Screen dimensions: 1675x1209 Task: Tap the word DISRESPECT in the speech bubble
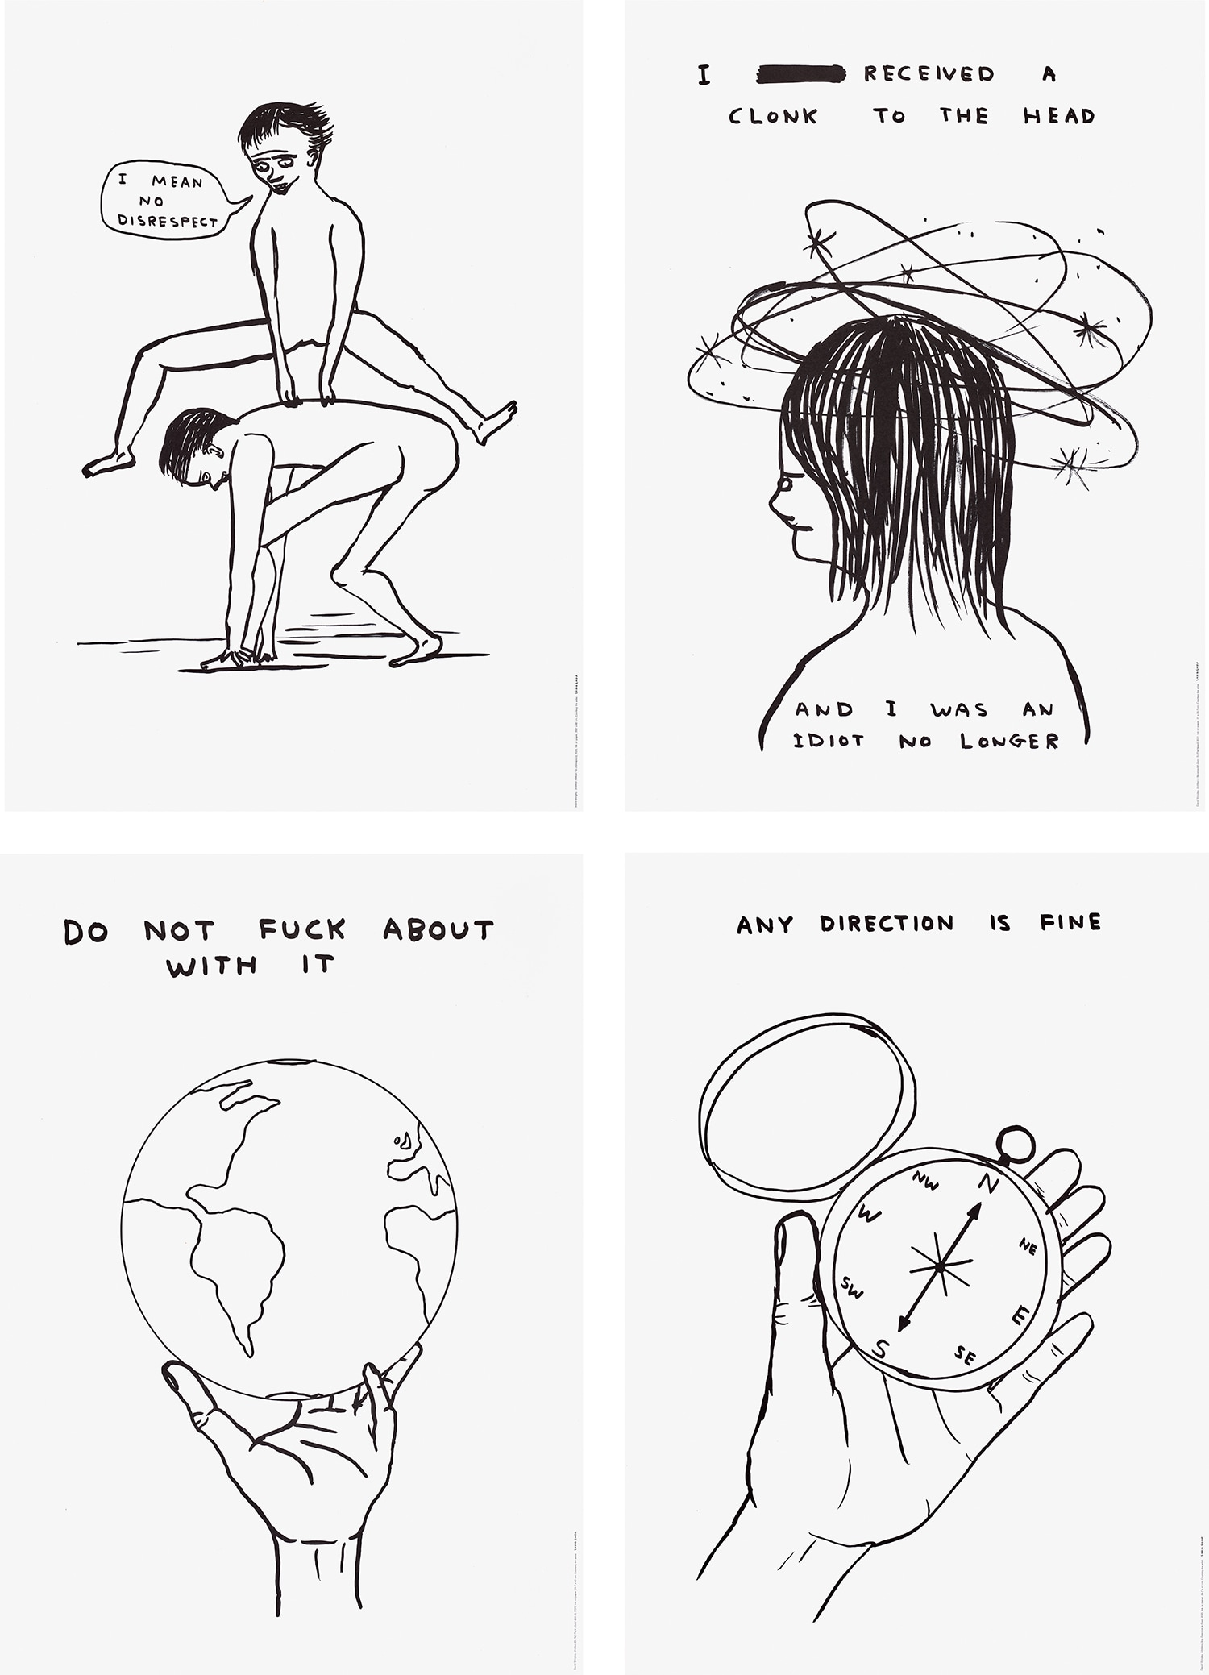168,220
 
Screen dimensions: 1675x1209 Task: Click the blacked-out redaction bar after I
801,75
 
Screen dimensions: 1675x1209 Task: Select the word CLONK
773,117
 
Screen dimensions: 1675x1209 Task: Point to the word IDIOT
829,740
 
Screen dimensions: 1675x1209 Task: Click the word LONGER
1009,741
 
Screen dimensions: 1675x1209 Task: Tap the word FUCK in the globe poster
302,929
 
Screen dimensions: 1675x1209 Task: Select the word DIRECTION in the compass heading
887,924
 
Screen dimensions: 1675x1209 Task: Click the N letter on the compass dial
989,1184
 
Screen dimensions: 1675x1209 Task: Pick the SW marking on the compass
851,1288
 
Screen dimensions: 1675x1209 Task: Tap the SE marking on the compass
965,1356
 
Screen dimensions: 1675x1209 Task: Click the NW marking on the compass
925,1182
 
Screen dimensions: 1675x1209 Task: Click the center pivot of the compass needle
941,1267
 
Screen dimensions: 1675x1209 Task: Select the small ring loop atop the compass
1014,1143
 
